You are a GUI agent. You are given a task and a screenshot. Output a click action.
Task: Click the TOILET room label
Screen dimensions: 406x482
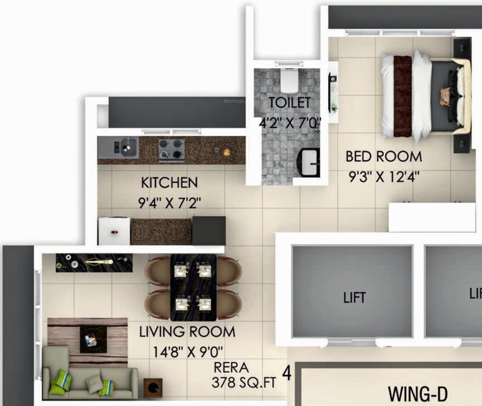pyautogui.click(x=289, y=102)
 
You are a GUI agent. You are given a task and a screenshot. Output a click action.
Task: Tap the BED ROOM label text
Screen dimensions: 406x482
pyautogui.click(x=384, y=156)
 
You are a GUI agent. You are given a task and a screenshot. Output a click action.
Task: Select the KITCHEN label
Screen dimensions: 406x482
pyautogui.click(x=169, y=183)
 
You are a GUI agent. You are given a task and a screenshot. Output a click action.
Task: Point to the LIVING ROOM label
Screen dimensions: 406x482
pyautogui.click(x=187, y=332)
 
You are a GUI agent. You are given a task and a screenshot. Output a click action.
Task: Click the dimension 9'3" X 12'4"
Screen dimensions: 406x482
pyautogui.click(x=384, y=177)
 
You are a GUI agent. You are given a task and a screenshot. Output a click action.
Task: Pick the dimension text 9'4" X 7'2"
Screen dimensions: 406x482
pyautogui.click(x=170, y=203)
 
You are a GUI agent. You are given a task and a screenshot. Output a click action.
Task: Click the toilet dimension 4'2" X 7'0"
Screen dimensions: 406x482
pyautogui.click(x=290, y=123)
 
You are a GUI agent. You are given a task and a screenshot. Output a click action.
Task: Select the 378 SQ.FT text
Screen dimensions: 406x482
pyautogui.click(x=244, y=383)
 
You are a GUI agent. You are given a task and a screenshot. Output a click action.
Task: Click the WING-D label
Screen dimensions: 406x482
pyautogui.click(x=418, y=394)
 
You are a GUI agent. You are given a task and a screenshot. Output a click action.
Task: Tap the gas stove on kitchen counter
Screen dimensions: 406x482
pyautogui.click(x=172, y=150)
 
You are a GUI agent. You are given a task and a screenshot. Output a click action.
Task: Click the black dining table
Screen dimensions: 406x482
pyautogui.click(x=193, y=288)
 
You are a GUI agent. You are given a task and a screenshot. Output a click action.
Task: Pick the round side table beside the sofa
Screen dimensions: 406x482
pyautogui.click(x=153, y=387)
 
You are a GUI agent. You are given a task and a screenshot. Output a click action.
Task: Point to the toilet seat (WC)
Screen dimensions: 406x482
pyautogui.click(x=289, y=79)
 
